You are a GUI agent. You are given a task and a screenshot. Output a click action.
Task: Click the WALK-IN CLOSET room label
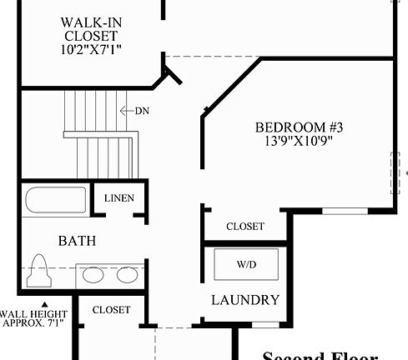(88, 29)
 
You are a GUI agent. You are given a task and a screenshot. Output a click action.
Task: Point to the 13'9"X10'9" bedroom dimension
(299, 142)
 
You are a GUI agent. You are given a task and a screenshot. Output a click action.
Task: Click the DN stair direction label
(142, 110)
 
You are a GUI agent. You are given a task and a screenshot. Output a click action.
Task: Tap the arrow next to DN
(126, 110)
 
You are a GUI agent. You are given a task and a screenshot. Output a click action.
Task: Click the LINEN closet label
(118, 197)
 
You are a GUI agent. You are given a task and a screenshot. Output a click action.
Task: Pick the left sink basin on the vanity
(91, 274)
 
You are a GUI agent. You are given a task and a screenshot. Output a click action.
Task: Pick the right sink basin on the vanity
(127, 274)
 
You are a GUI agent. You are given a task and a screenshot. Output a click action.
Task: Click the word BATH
(77, 241)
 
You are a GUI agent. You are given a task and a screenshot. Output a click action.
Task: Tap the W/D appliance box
(246, 264)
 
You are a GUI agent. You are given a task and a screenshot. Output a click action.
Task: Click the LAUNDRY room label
(244, 300)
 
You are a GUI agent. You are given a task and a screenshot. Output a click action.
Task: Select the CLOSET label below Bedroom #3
(245, 227)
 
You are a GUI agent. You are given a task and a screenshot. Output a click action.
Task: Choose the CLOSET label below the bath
(111, 310)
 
